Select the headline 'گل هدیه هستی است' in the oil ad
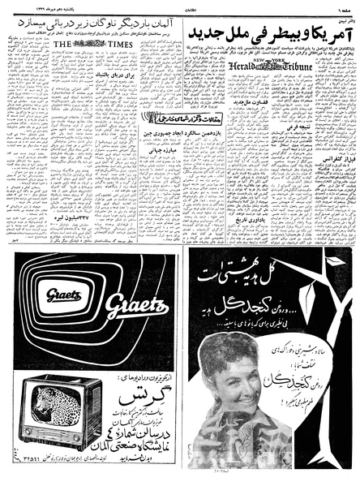click(259, 282)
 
